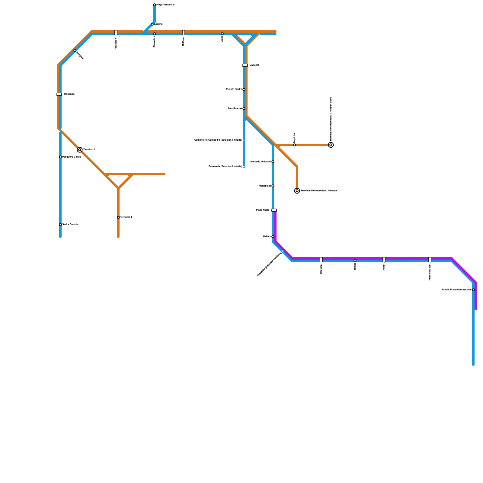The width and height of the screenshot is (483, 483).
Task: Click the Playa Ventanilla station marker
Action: tap(155, 5)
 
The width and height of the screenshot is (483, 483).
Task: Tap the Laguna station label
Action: tap(158, 24)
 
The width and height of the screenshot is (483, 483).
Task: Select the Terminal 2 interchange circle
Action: tap(80, 150)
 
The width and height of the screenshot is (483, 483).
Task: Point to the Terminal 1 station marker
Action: tap(118, 217)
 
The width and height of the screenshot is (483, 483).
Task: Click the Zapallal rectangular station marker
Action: tap(245, 65)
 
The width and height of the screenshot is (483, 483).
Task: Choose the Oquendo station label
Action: tap(69, 94)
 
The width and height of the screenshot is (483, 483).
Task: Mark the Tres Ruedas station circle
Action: tap(244, 109)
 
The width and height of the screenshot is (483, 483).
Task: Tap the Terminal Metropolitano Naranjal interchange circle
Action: tap(297, 191)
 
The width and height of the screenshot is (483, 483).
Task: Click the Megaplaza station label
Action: tap(265, 186)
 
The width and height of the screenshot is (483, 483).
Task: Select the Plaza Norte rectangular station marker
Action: tap(274, 210)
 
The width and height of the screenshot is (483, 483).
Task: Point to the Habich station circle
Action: tap(273, 237)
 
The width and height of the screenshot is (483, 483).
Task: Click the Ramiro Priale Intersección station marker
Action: tap(473, 290)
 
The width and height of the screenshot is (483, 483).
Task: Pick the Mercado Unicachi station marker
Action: tap(273, 162)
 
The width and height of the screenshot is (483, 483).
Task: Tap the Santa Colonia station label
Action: tap(70, 225)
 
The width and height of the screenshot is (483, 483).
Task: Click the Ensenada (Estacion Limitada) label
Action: tap(225, 167)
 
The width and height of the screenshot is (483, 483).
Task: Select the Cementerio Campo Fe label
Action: tap(218, 140)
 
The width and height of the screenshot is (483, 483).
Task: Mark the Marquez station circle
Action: tap(75, 51)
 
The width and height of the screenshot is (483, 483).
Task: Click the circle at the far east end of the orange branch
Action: tap(331, 145)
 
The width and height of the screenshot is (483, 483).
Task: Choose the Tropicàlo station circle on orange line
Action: tap(295, 145)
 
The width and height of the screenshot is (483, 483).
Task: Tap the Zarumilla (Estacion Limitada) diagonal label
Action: tap(269, 264)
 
